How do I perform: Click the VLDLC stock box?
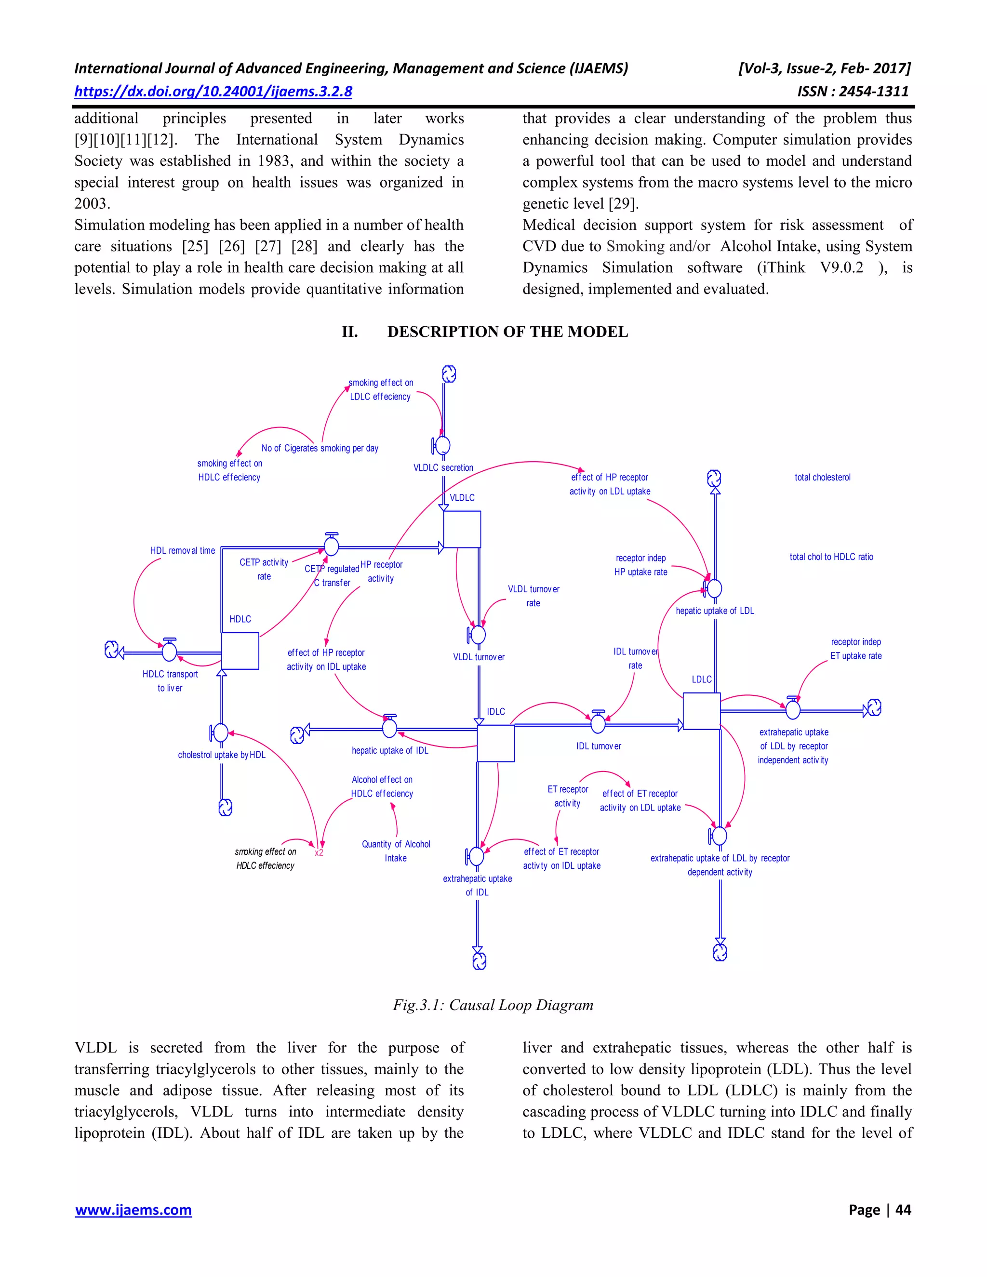point(462,529)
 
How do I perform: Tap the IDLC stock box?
point(496,743)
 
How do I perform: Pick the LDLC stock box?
point(702,711)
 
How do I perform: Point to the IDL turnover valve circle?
point(598,724)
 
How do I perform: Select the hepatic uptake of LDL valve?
point(714,589)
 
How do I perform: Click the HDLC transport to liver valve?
point(170,651)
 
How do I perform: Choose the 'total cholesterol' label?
point(822,478)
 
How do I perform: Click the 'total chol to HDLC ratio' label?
point(831,557)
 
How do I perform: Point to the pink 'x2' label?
point(319,852)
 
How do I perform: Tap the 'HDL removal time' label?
point(183,551)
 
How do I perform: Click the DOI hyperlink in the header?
point(213,92)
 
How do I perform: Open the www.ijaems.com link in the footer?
point(133,1210)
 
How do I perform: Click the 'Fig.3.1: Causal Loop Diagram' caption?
point(493,1005)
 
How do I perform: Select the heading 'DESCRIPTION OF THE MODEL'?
point(507,332)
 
